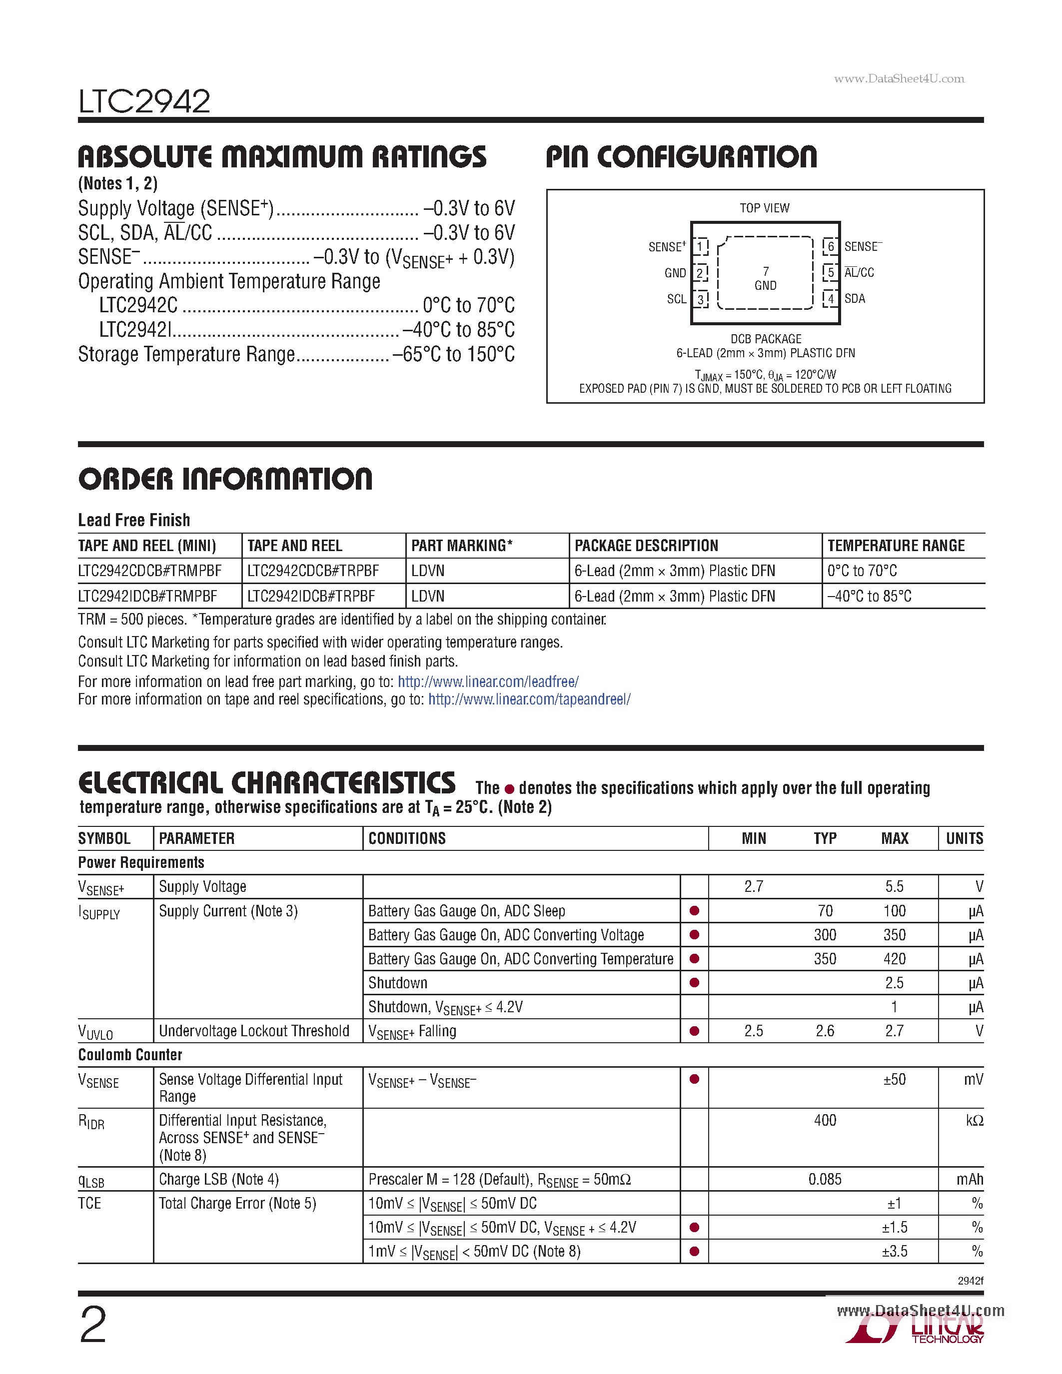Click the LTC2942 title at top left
(x=144, y=101)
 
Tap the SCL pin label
(x=676, y=299)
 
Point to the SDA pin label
(x=855, y=299)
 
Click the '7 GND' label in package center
(x=765, y=278)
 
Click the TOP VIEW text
(x=765, y=208)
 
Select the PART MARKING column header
(x=462, y=546)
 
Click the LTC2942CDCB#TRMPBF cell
(x=150, y=571)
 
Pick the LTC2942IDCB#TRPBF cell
(x=311, y=596)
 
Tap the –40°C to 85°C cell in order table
(x=869, y=596)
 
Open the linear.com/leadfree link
(x=488, y=682)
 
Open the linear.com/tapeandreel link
(x=529, y=699)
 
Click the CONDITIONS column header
(x=407, y=838)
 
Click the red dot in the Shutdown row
(x=695, y=983)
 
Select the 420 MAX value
(x=894, y=959)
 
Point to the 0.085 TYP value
(x=824, y=1180)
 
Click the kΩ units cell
(x=974, y=1121)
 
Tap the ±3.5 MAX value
(x=894, y=1251)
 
